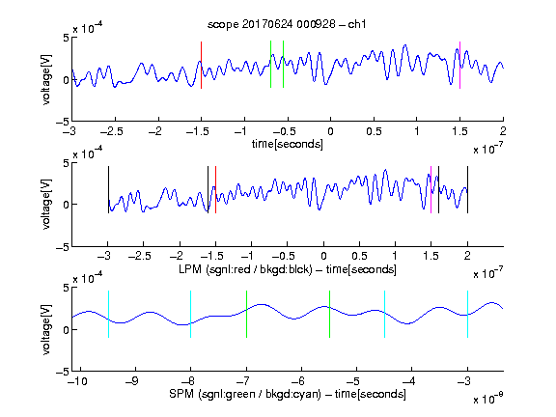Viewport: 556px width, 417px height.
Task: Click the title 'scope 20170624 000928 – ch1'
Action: [x=287, y=24]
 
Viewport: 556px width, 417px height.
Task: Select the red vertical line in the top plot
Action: [x=201, y=65]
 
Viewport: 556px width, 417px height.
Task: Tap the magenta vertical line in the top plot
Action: [x=459, y=65]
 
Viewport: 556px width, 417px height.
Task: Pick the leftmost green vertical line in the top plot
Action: [x=270, y=64]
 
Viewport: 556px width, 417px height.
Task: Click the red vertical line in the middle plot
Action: [x=215, y=190]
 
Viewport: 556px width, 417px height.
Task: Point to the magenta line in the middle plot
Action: [x=431, y=190]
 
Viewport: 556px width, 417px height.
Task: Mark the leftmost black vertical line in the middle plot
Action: [x=108, y=190]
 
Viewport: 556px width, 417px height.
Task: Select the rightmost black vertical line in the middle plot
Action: [x=468, y=190]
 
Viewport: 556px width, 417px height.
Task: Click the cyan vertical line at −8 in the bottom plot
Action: [x=190, y=314]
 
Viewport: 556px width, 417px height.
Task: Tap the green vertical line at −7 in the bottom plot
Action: [x=246, y=314]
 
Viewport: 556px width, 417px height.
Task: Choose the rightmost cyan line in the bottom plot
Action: [x=468, y=314]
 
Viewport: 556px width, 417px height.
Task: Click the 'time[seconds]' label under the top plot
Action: [x=288, y=144]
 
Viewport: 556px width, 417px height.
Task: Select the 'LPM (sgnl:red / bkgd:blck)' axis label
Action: [x=245, y=269]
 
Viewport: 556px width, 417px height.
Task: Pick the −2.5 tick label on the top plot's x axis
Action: [x=112, y=131]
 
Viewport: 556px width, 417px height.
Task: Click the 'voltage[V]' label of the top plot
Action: [x=46, y=79]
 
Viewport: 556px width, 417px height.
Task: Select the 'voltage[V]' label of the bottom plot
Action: [x=46, y=329]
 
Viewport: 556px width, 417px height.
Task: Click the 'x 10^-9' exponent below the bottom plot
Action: [x=488, y=399]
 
